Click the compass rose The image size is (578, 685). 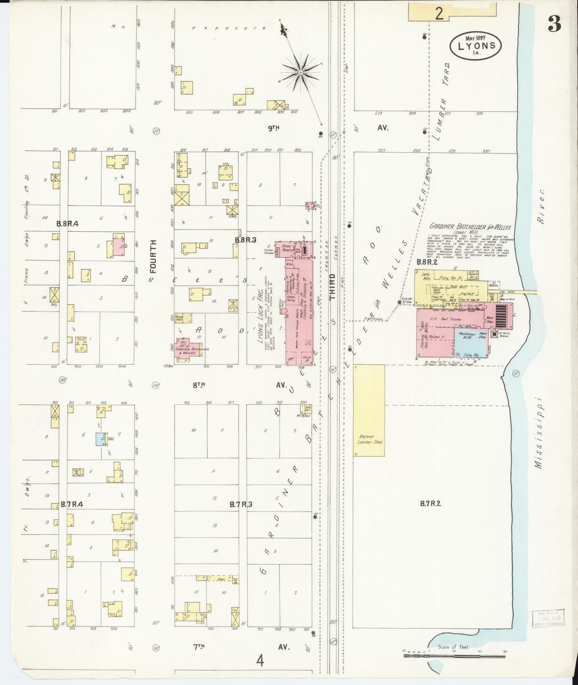pos(301,72)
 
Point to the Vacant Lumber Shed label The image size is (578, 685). pos(368,439)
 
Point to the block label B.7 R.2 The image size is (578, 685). pos(430,504)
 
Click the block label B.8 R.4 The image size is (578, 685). pos(67,224)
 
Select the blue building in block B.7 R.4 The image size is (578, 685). pos(100,439)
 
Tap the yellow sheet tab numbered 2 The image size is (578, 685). pos(439,14)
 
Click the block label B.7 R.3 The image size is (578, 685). pos(241,504)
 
